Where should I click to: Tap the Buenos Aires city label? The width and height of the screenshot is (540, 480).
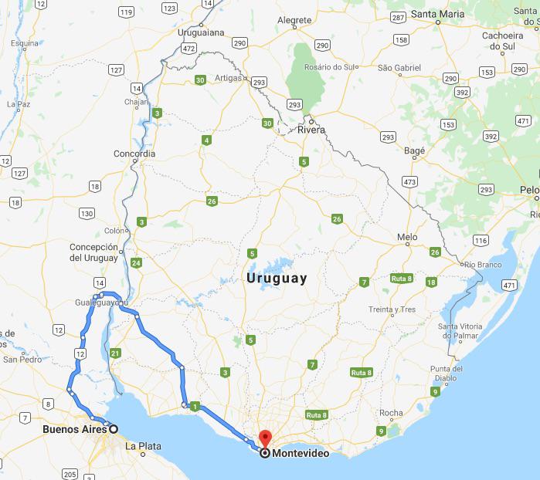pyautogui.click(x=74, y=429)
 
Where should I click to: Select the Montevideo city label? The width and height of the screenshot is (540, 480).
pyautogui.click(x=301, y=454)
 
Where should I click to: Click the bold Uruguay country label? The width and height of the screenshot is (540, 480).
pyautogui.click(x=276, y=279)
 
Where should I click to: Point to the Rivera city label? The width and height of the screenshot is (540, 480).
pyautogui.click(x=312, y=130)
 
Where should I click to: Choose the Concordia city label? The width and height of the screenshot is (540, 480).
pyautogui.click(x=134, y=154)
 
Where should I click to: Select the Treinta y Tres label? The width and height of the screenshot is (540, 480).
pyautogui.click(x=392, y=309)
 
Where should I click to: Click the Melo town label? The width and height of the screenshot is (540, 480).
pyautogui.click(x=407, y=237)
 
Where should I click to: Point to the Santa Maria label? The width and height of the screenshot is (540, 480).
pyautogui.click(x=438, y=14)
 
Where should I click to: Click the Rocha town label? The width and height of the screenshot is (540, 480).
pyautogui.click(x=392, y=413)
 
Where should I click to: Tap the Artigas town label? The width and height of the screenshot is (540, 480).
pyautogui.click(x=229, y=78)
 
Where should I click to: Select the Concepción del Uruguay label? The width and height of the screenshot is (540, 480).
pyautogui.click(x=93, y=252)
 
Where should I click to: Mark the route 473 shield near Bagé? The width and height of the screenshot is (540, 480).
pyautogui.click(x=409, y=182)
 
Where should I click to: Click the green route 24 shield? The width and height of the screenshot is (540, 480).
pyautogui.click(x=136, y=263)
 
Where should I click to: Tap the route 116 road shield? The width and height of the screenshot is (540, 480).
pyautogui.click(x=481, y=241)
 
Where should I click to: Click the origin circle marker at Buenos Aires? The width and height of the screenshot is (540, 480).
pyautogui.click(x=114, y=429)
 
